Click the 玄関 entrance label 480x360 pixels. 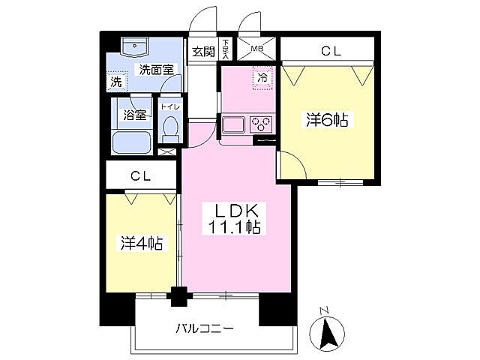[x=202, y=52]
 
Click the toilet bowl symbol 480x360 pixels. [x=171, y=128]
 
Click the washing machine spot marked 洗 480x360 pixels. [x=116, y=80]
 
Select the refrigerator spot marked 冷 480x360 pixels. [x=262, y=76]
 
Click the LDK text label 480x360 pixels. [x=235, y=211]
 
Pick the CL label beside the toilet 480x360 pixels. [x=141, y=177]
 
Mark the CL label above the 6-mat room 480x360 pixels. [x=331, y=51]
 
